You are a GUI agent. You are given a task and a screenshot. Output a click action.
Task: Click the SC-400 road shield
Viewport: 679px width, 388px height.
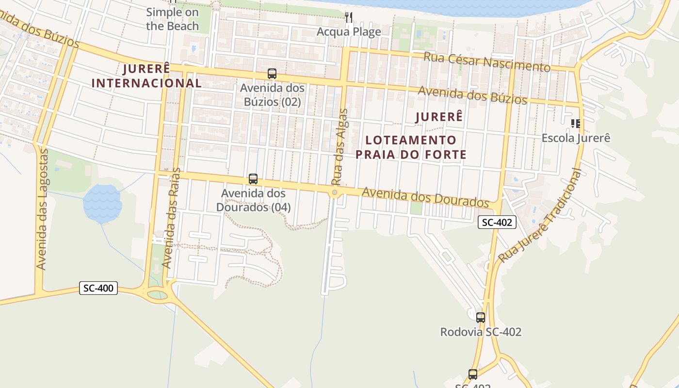[98, 288]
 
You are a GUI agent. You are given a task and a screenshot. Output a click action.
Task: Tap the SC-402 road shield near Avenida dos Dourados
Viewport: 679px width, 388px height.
[497, 222]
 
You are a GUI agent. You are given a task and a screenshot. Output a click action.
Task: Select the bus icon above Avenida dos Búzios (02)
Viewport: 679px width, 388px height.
[272, 74]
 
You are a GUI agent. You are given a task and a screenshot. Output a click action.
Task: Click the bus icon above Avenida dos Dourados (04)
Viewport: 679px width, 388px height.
[253, 178]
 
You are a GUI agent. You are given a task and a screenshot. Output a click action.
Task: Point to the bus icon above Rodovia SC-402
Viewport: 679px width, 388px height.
[480, 318]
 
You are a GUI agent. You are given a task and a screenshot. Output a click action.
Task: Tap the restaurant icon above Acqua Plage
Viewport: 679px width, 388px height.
[348, 18]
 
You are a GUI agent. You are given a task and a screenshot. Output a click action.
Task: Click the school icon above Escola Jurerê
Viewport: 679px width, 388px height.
[575, 124]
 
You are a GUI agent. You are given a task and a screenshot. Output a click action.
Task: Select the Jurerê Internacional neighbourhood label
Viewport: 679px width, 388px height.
[146, 76]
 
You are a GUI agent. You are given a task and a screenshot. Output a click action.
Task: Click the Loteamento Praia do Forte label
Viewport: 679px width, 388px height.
[411, 147]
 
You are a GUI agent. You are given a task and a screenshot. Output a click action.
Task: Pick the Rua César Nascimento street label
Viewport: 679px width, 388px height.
[486, 62]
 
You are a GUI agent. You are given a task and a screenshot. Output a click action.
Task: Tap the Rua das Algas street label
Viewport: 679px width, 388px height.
[339, 147]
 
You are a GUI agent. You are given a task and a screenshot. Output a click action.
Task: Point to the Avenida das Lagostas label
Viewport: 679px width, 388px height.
[43, 209]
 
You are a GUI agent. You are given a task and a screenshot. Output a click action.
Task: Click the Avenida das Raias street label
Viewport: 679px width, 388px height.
[171, 218]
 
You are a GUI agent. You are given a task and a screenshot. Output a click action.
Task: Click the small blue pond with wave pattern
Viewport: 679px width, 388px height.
[102, 204]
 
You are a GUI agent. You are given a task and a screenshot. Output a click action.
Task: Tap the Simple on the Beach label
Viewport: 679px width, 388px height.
[172, 19]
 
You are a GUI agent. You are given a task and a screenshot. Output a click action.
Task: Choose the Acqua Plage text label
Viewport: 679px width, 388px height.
[349, 32]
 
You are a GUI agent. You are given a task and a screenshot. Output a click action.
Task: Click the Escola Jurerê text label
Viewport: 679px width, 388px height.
[575, 138]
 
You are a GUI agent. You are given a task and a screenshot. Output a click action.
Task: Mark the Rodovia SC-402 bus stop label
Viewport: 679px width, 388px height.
[481, 332]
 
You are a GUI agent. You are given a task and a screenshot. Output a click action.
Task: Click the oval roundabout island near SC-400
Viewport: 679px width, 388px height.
[157, 294]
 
